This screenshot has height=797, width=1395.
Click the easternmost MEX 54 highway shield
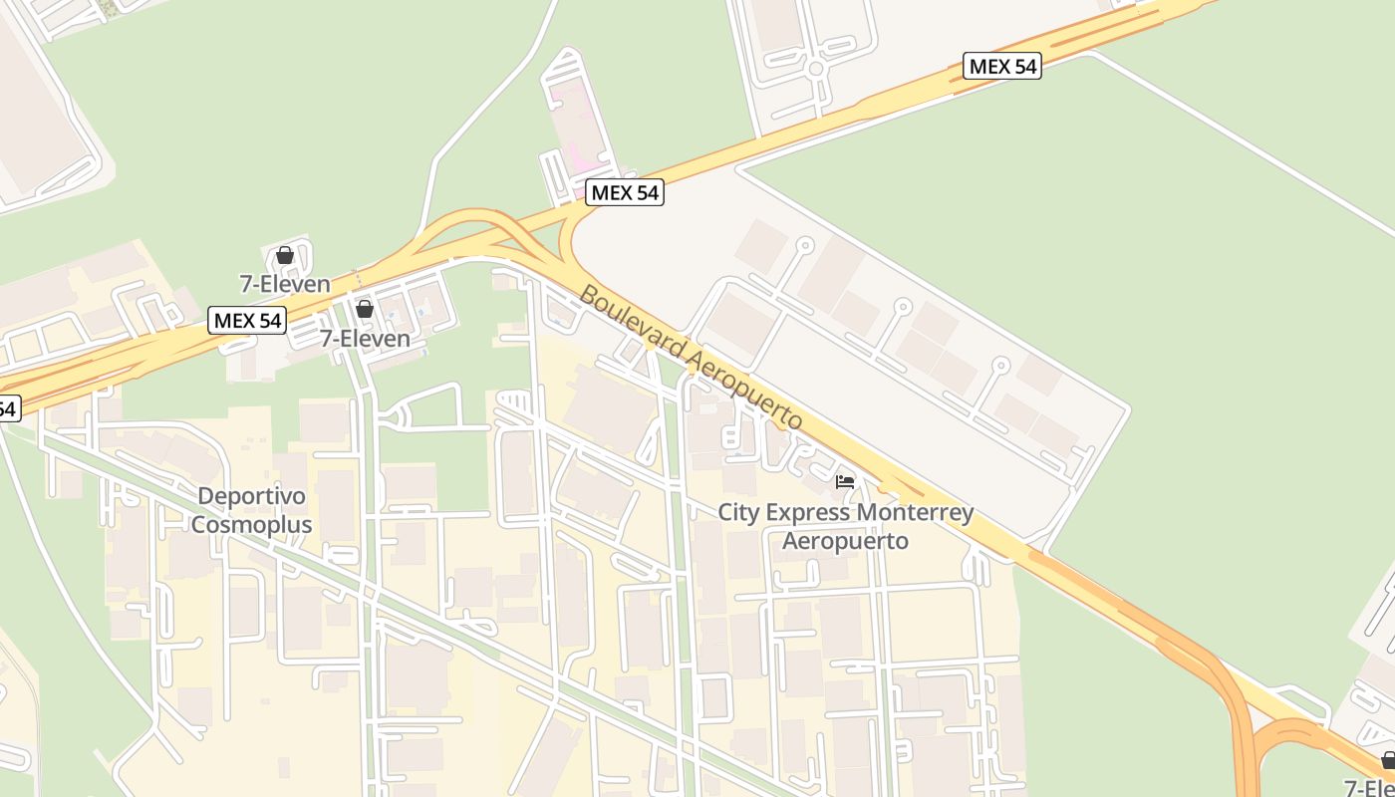pos(1002,67)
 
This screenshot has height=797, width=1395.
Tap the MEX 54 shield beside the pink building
pos(625,192)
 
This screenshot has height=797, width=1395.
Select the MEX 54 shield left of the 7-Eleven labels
pos(247,321)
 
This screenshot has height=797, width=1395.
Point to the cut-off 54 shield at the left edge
pos(8,407)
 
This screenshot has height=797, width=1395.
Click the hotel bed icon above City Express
pos(845,482)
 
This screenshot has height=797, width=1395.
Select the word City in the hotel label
pos(740,513)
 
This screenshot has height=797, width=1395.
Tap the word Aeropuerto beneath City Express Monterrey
pos(845,541)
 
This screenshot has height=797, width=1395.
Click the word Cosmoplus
pos(251,524)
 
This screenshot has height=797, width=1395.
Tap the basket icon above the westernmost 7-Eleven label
pos(285,255)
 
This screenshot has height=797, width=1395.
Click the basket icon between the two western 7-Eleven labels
pos(365,309)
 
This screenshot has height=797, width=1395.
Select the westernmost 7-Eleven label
pos(285,284)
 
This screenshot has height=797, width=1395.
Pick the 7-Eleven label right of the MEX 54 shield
pos(365,339)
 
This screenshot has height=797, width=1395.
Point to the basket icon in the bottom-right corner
pos(1388,761)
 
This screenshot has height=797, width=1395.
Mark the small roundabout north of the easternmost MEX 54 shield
pos(816,69)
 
